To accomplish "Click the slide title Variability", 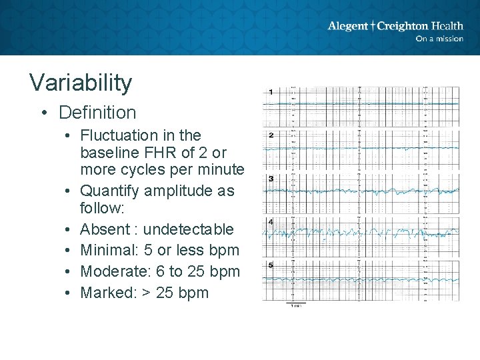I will click(81, 83).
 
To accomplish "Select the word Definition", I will click(97, 113).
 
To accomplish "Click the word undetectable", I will click(189, 229).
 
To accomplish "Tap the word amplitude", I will click(189, 191).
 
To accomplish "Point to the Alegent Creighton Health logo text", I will click(395, 26).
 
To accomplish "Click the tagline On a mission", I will click(439, 39).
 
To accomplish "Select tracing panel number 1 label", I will click(271, 92).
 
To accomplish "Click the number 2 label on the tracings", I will click(271, 135).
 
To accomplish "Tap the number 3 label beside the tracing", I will click(271, 179).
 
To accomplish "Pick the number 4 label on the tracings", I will click(271, 221).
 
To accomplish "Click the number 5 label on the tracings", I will click(271, 265).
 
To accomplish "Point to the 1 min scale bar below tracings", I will click(295, 305).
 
